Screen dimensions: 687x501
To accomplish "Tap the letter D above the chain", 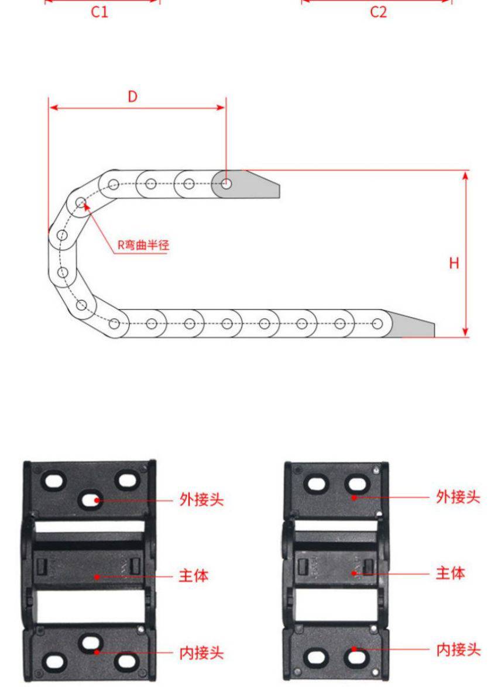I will coord(132,96).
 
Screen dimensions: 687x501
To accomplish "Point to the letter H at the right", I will coord(454,263).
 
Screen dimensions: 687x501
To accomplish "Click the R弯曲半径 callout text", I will coord(143,245).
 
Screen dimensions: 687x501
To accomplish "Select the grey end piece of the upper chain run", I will coord(252,185).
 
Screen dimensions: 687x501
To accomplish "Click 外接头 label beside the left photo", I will coord(201,500).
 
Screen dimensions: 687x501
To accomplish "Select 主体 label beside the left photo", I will coord(194,576).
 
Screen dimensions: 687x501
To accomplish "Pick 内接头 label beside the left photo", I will coord(201,653).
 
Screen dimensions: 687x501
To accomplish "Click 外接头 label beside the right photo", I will coord(458,497).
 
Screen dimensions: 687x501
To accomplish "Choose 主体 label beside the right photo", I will coord(451,573).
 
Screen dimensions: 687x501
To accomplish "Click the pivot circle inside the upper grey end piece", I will coord(227,184).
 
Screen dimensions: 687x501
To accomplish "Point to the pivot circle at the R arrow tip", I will coord(81,203).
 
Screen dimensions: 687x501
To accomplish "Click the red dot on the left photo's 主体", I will coord(97,576).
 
